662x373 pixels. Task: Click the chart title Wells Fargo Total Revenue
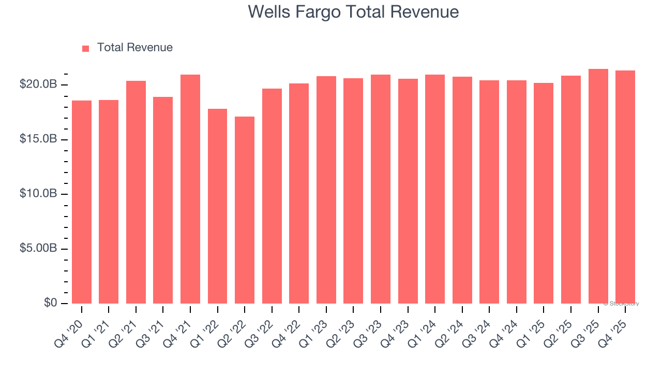[x=353, y=11]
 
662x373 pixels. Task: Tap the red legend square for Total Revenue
[x=86, y=48]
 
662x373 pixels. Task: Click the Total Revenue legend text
[x=134, y=48]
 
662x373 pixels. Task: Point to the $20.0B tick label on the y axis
[x=39, y=84]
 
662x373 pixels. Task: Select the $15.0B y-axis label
[x=39, y=139]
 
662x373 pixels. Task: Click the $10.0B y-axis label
[x=39, y=194]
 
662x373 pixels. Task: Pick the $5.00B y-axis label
[x=39, y=249]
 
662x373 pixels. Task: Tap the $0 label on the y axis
[x=50, y=303]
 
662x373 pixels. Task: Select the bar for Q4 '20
[x=82, y=202]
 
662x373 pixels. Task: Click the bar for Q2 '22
[x=245, y=210]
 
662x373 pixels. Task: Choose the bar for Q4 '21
[x=190, y=189]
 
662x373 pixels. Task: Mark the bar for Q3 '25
[x=598, y=187]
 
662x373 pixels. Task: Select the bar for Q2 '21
[x=136, y=192]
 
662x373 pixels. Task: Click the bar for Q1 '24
[x=435, y=189]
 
